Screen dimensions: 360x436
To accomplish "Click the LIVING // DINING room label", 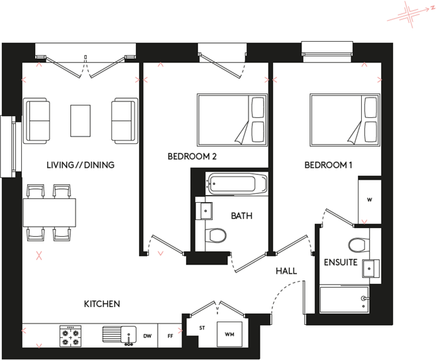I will coord(81,164).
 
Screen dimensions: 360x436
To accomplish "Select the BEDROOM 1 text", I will coord(329,164).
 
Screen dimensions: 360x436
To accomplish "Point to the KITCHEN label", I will coord(101,304).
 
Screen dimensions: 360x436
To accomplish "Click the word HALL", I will coord(286,271).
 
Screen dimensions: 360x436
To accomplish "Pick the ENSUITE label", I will coord(341,263).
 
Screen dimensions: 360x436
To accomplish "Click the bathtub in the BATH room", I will coord(236,183).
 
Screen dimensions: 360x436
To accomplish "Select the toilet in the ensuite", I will coord(357,245).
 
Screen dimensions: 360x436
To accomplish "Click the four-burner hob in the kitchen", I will coord(71,335).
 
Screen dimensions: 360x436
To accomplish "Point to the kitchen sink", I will coord(119,335).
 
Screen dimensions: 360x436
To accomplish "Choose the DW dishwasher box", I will coord(147,336).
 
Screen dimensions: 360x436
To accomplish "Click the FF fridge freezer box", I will coord(170,336).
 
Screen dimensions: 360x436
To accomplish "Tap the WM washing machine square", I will coord(230,334).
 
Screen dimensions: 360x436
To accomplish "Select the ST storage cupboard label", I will coord(202,328).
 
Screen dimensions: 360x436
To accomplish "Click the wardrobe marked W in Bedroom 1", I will coord(368,200).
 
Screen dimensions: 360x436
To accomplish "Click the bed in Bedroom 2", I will coord(232,119).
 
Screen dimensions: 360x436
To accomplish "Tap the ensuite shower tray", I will coord(345,299).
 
